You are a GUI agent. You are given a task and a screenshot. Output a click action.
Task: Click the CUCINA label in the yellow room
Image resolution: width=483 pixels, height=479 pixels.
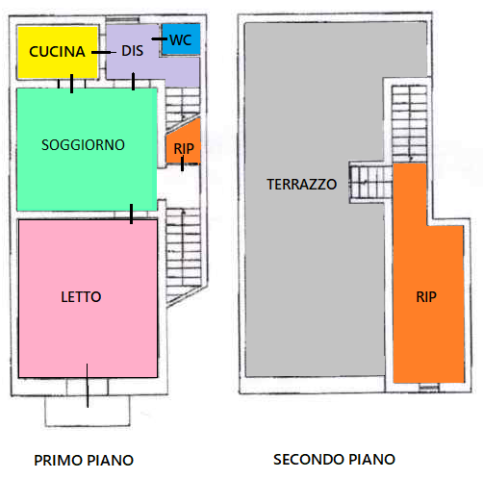coord(57,52)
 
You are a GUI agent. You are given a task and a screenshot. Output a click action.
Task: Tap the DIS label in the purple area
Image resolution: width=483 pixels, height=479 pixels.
coord(132,51)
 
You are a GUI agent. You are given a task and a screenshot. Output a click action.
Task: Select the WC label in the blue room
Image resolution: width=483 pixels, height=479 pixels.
coord(181,40)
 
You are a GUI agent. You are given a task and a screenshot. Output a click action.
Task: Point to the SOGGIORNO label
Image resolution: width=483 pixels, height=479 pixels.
coord(83,145)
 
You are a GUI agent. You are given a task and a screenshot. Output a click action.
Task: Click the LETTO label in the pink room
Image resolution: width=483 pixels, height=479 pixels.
coord(81,297)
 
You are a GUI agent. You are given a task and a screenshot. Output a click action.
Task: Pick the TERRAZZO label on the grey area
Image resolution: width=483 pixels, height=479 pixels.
coord(302,185)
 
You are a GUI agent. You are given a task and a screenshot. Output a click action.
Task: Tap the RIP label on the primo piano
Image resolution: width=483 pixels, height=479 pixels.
coord(184,149)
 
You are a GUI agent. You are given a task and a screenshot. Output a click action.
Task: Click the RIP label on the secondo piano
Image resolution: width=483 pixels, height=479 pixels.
coord(426,297)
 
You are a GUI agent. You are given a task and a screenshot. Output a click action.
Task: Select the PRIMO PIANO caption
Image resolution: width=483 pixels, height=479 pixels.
coord(84,461)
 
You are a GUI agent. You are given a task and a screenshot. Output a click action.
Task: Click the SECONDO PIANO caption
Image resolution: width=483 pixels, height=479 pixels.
coord(334,460)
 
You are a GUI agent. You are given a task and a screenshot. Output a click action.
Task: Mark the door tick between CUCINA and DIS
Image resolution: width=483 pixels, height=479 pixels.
coord(103,52)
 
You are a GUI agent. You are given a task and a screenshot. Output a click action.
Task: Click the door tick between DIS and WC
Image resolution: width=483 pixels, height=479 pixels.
coord(160,38)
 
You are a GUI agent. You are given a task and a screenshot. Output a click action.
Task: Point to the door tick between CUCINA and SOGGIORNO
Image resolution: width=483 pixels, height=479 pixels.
coord(71,84)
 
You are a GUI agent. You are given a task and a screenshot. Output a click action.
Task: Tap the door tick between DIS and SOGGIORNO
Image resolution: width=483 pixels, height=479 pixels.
coord(133,82)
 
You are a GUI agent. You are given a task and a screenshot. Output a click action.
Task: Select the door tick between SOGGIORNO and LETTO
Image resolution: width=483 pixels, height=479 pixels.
coord(131,214)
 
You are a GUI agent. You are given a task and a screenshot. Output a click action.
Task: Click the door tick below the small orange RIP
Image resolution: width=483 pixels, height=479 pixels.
coord(182,164)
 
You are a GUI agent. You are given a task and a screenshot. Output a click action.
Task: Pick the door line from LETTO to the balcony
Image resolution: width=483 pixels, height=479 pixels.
coord(88,386)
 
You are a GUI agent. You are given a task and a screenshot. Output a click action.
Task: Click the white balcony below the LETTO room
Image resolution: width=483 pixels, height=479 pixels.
coord(88,411)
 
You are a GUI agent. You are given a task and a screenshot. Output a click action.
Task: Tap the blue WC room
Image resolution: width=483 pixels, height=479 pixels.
coord(181,39)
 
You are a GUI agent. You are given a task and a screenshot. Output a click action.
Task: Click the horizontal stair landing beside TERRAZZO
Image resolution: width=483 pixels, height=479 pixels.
coord(370,182)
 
